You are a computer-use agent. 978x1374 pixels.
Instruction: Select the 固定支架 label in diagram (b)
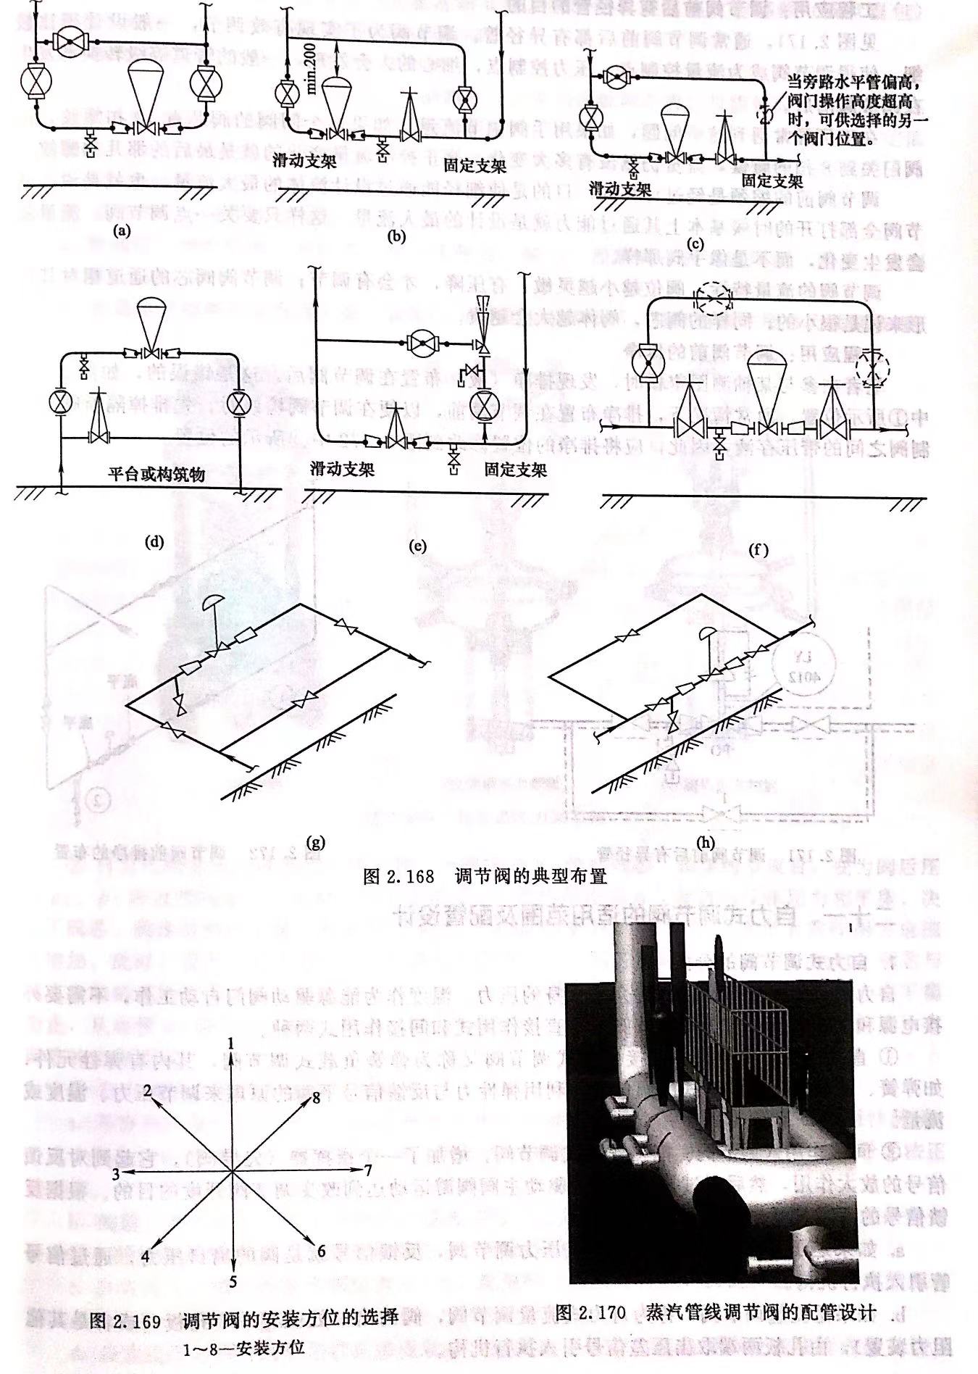click(475, 166)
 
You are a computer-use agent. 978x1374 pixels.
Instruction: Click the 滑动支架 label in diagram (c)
click(620, 189)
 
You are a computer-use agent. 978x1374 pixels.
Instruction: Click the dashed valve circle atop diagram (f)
click(713, 299)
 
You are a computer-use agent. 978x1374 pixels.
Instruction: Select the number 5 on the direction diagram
click(233, 1282)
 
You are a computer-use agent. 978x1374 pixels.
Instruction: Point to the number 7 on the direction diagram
click(367, 1170)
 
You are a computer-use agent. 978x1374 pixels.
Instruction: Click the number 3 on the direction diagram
click(115, 1172)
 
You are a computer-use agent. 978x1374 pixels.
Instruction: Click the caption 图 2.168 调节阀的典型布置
click(484, 876)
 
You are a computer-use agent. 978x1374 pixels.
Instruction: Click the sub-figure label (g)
click(316, 841)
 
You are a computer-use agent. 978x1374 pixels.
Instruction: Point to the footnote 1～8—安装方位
click(243, 1348)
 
